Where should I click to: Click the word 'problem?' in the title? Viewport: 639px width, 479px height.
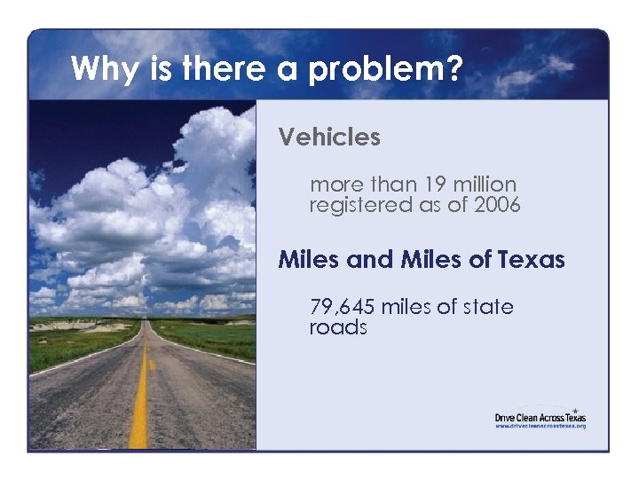pos(385,69)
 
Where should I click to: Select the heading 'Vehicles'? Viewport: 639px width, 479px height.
pos(329,137)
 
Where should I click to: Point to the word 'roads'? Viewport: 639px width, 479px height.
pos(338,327)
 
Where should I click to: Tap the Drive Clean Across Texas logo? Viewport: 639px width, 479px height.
pos(540,417)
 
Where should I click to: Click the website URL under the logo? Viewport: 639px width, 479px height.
pos(540,427)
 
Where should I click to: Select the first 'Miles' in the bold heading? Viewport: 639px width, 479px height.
pos(308,260)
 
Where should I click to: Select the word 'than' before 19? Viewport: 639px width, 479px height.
pos(390,185)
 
